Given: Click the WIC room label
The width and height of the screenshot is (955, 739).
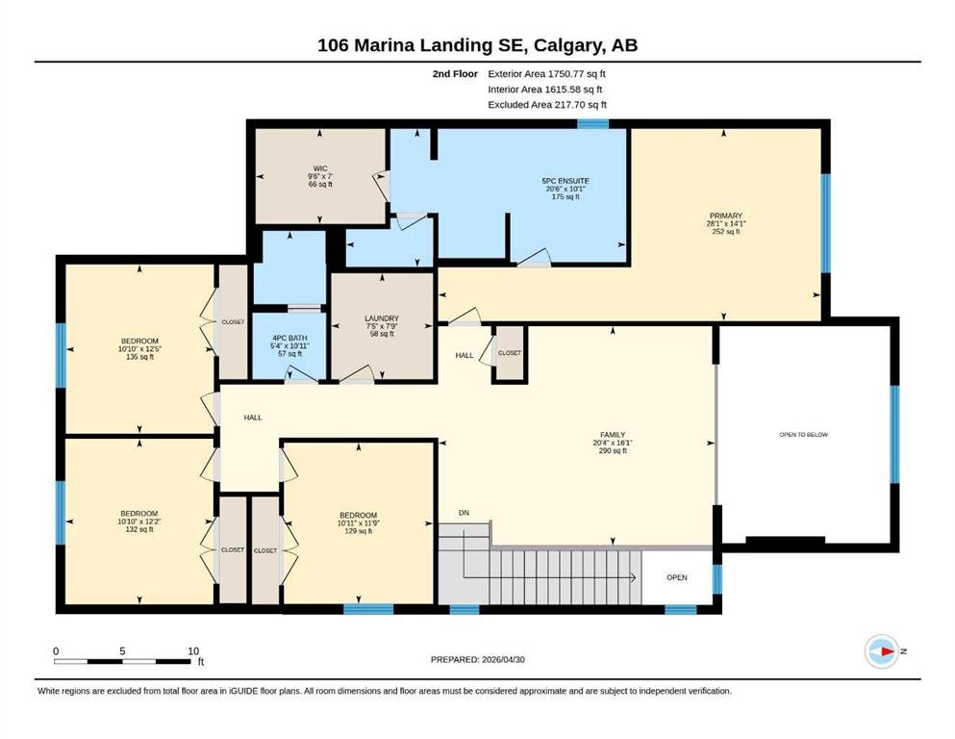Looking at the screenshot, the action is [320, 168].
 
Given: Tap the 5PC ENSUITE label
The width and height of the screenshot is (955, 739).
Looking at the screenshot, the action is [565, 181].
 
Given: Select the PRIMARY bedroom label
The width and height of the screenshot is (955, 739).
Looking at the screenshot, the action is [725, 216].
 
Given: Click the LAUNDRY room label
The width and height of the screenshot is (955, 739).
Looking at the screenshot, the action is [382, 318].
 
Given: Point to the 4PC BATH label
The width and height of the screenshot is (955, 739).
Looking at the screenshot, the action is [289, 338].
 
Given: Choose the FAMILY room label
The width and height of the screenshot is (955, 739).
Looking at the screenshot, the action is [613, 435].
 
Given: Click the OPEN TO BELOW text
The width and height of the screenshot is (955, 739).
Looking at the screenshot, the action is [803, 434].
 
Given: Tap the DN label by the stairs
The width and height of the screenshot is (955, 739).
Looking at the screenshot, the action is [465, 513].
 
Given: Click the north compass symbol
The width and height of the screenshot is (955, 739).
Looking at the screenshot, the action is [882, 651].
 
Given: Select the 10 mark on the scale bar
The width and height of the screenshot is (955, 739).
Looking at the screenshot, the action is [193, 650].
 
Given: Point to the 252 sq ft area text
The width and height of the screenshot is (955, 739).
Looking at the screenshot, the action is [725, 232].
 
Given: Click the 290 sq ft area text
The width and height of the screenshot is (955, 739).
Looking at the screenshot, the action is [613, 451].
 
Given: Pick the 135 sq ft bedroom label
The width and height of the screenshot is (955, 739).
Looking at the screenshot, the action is [139, 357].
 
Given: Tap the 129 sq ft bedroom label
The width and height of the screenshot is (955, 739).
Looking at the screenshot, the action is [358, 530].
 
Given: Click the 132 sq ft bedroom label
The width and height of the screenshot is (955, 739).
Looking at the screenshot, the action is [139, 529].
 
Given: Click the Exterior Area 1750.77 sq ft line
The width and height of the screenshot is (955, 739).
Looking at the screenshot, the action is [546, 74].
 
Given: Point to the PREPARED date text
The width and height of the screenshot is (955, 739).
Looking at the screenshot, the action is [477, 659].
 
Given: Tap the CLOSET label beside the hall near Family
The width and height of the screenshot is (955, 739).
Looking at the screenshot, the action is [510, 353].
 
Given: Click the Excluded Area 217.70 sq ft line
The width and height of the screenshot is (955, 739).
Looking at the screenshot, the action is [547, 104].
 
